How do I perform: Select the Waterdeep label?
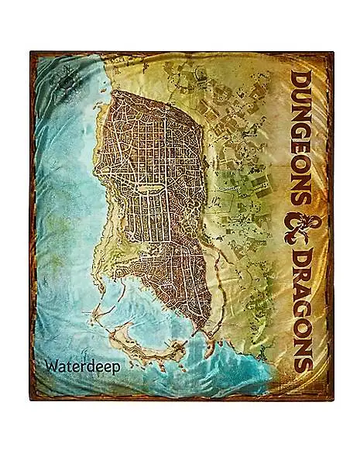pos(83,366)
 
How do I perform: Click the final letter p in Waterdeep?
pos(115,368)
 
